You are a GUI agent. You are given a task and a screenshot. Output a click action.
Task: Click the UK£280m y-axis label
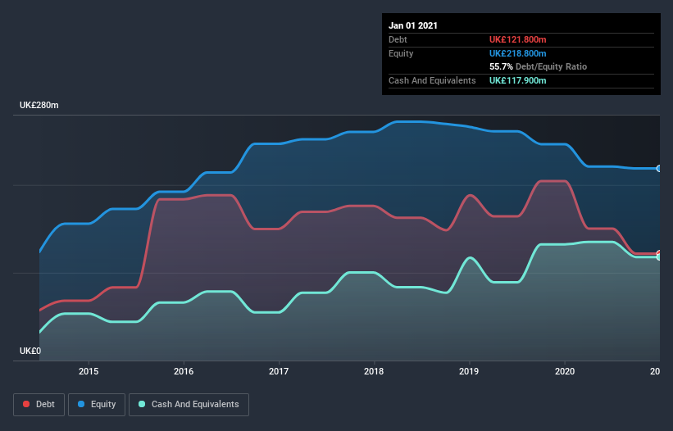tap(39, 106)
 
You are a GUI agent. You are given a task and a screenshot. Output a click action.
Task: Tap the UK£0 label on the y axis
tap(30, 351)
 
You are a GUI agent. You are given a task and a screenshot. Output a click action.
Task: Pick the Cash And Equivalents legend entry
tap(189, 404)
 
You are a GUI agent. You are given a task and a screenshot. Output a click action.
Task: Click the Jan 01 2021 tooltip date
tap(413, 25)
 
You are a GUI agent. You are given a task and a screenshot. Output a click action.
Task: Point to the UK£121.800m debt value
tap(517, 39)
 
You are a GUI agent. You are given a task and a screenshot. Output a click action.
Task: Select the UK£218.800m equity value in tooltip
tap(517, 53)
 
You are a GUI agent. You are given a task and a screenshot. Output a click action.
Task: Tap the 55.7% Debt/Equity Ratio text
tap(538, 66)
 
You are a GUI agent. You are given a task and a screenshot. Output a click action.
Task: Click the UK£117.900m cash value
tap(517, 80)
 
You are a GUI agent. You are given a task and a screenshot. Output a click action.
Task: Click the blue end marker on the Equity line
tap(659, 168)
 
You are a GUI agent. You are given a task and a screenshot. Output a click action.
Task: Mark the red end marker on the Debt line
tap(659, 253)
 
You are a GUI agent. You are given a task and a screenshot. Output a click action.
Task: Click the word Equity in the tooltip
tap(401, 53)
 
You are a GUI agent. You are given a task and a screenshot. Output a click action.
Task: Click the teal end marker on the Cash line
tap(659, 257)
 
